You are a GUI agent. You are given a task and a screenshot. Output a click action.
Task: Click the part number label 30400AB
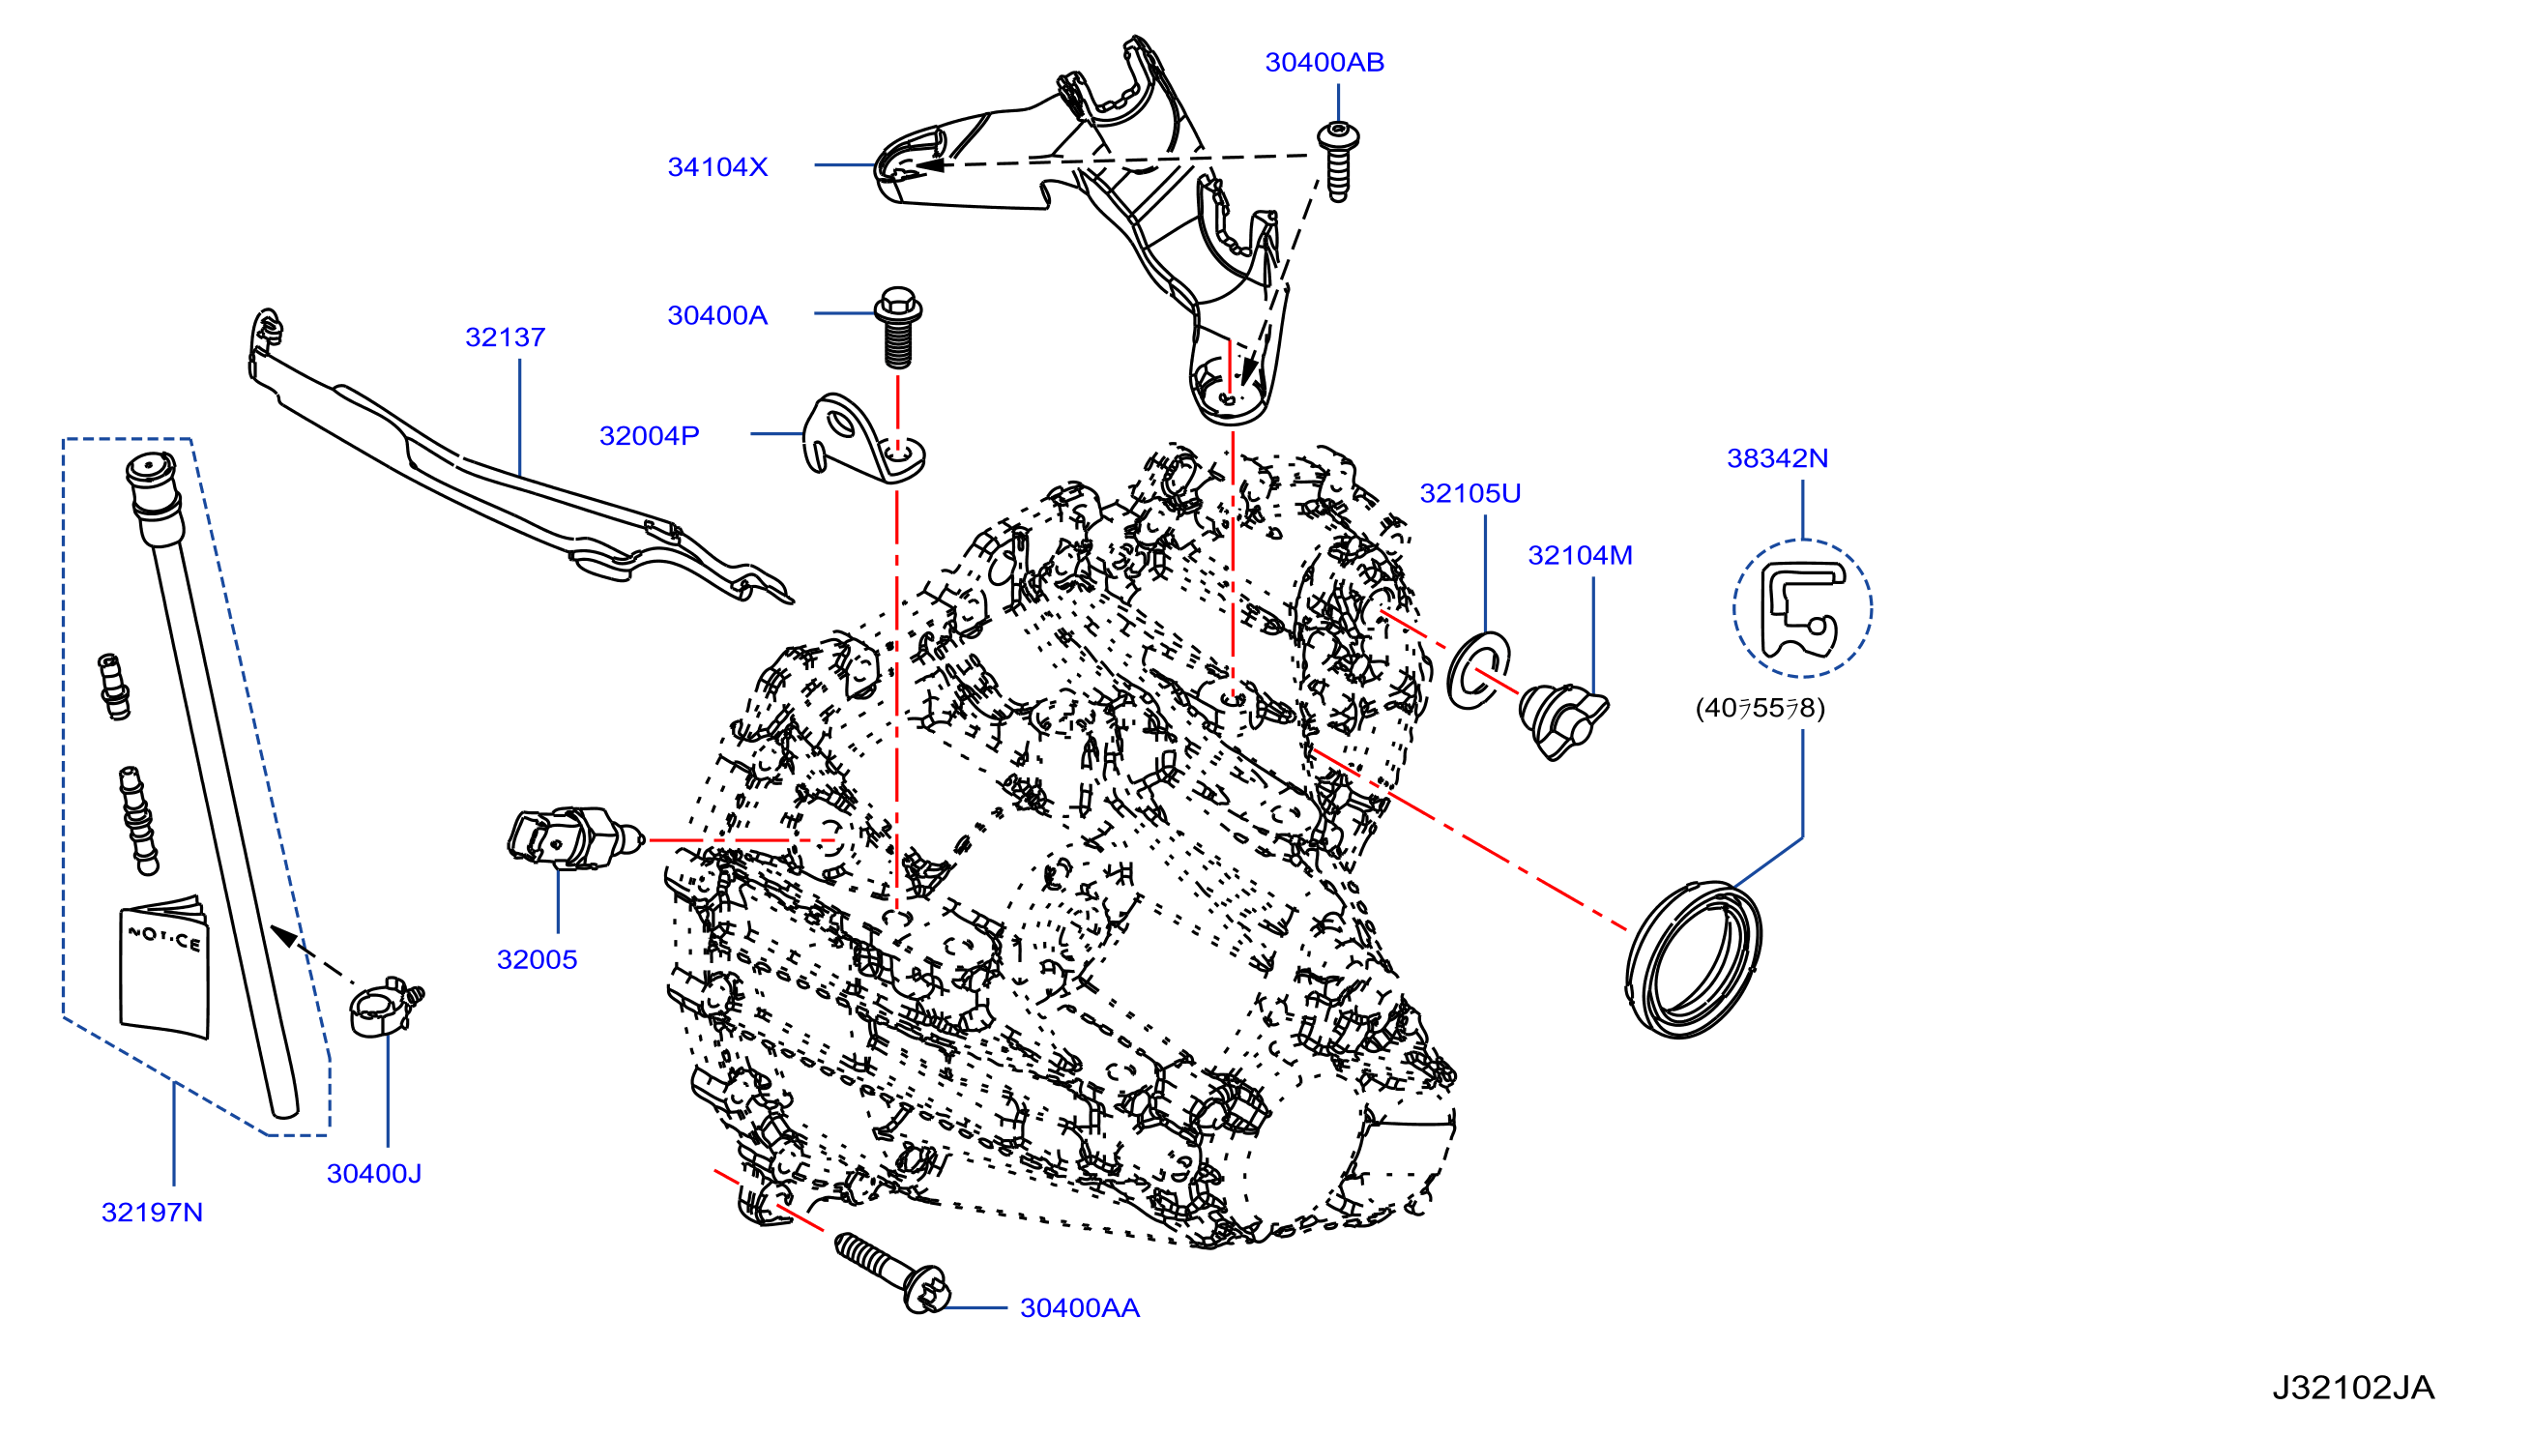pyautogui.click(x=1324, y=62)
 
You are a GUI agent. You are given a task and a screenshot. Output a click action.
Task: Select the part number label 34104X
pyautogui.click(x=717, y=166)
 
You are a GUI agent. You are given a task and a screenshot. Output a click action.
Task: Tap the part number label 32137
pyautogui.click(x=505, y=337)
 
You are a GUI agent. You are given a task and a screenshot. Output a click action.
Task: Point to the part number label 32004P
pyautogui.click(x=650, y=435)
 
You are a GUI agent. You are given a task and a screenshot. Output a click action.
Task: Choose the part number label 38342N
pyautogui.click(x=1777, y=458)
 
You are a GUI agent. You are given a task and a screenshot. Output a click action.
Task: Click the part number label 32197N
pyautogui.click(x=153, y=1213)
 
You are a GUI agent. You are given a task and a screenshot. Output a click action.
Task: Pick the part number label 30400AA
pyautogui.click(x=1080, y=1308)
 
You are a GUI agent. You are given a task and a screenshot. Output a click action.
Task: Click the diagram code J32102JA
pyautogui.click(x=2353, y=1388)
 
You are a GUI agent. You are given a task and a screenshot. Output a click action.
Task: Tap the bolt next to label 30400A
pyautogui.click(x=897, y=327)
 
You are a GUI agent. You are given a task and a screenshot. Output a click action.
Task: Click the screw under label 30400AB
pyautogui.click(x=1338, y=161)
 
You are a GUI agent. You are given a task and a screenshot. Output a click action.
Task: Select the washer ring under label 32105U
pyautogui.click(x=1478, y=670)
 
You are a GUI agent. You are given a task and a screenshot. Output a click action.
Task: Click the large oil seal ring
pyautogui.click(x=1693, y=959)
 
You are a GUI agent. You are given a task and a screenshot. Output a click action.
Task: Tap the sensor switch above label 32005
pyautogui.click(x=574, y=838)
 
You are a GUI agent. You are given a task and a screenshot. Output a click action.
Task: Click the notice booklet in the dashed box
pyautogui.click(x=164, y=967)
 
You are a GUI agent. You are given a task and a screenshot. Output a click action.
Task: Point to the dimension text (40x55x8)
pyautogui.click(x=1760, y=709)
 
